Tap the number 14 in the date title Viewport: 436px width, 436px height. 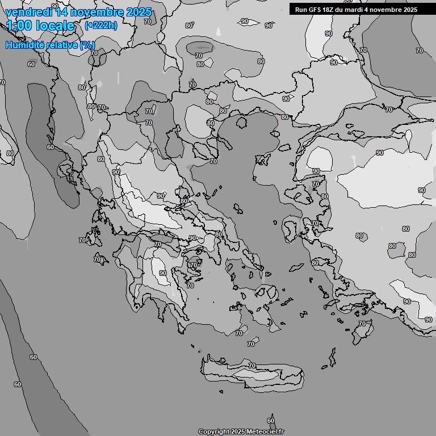coord(63,12)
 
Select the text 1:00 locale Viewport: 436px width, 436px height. coord(40,26)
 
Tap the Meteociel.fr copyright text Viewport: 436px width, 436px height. coord(241,431)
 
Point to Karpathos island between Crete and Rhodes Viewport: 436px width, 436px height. coord(332,358)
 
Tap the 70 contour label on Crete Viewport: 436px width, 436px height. coord(251,366)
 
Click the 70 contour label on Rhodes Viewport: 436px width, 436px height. coord(362,324)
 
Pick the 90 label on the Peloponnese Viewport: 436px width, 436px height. coord(163,273)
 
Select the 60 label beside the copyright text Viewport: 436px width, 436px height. coord(271,421)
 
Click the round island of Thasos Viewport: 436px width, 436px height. coord(241,121)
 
